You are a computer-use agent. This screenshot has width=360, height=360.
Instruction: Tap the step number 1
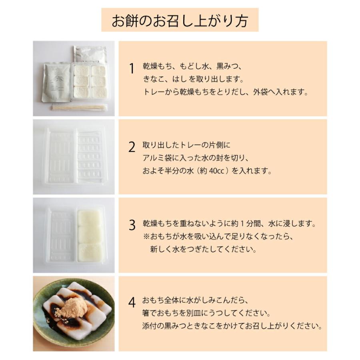tap(132, 69)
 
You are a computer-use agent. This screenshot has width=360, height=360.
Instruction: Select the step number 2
tap(132, 148)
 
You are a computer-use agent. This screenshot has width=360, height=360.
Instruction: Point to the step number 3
tap(132, 226)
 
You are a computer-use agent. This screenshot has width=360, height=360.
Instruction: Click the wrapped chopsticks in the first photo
tap(80, 107)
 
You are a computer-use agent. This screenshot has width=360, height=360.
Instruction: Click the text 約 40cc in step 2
tap(213, 171)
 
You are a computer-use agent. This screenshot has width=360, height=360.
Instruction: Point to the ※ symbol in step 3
tap(146, 236)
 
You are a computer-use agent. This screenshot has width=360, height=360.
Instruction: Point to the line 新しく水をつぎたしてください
tap(203, 249)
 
